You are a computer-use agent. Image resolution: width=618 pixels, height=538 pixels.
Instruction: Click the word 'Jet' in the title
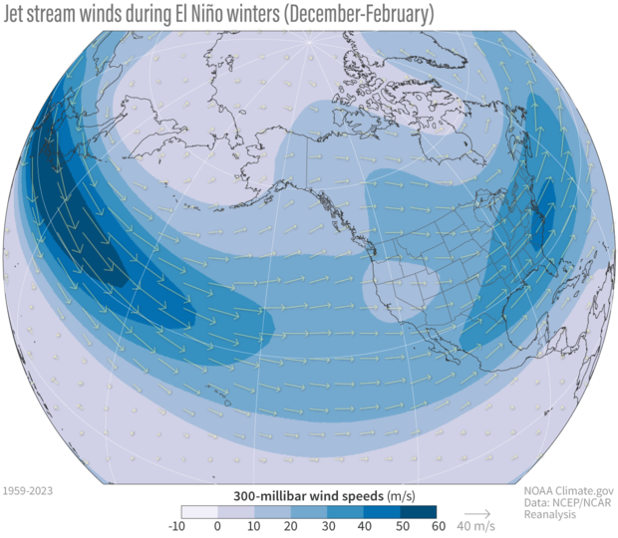pyautogui.click(x=21, y=15)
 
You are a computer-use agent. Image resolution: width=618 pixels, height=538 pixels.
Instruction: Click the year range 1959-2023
pyautogui.click(x=28, y=491)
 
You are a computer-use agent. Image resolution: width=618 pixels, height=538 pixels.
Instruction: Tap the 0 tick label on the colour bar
pyautogui.click(x=218, y=527)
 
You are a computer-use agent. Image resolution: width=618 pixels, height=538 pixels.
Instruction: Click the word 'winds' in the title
pyautogui.click(x=128, y=15)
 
